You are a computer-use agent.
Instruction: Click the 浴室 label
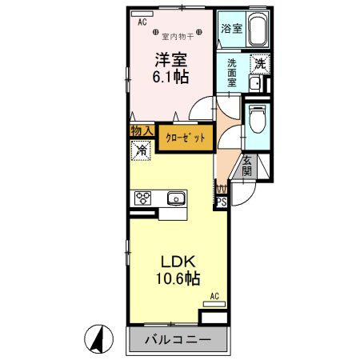(230, 27)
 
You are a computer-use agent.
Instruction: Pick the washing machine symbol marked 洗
(260, 62)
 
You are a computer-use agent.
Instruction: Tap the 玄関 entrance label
(247, 166)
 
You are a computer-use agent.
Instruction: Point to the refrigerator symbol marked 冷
(142, 149)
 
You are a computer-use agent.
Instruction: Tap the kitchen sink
(176, 198)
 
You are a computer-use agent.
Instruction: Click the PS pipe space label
(222, 202)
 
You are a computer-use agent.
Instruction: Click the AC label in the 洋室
(142, 22)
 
